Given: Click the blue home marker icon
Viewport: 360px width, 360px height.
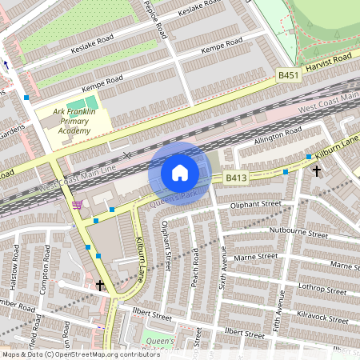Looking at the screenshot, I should [180, 173].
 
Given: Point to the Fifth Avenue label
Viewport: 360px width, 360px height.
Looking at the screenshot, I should [280, 300].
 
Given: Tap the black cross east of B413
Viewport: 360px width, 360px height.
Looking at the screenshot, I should [316, 170].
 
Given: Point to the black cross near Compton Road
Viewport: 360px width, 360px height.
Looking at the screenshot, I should [100, 285].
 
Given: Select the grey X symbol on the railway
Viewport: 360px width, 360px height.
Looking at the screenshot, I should [126, 154].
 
